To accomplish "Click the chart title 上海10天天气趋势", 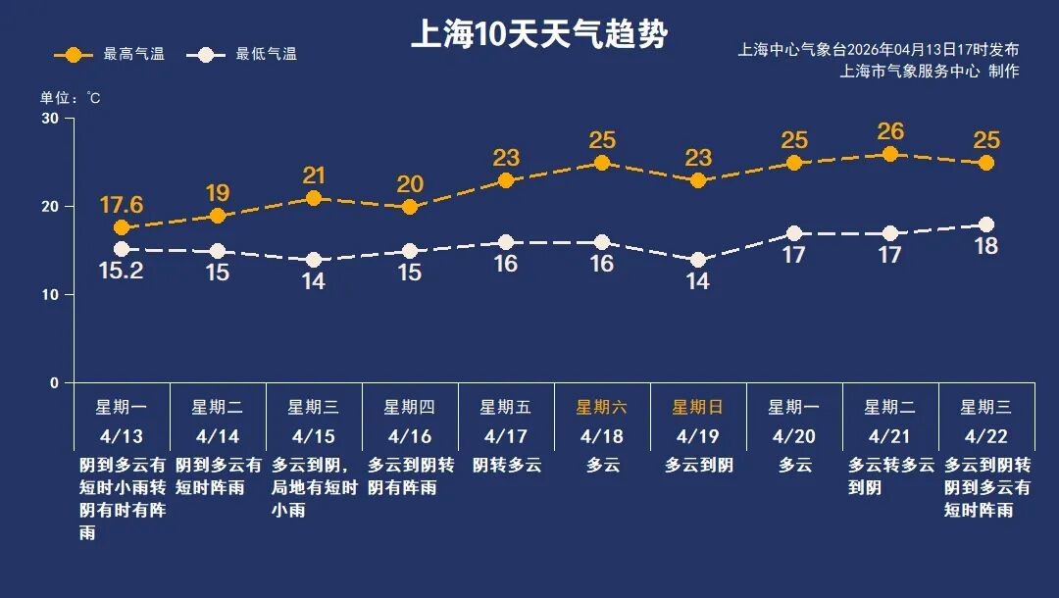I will [538, 35].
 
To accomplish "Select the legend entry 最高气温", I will [109, 55].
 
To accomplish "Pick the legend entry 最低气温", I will [245, 55].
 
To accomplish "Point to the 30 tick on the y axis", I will [49, 119].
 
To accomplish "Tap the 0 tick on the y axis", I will [54, 383].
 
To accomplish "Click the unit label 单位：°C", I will [70, 97].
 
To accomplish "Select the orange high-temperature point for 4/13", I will [122, 227].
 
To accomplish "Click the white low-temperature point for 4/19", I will [698, 260].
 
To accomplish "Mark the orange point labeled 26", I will [890, 154].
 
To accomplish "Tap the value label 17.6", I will [122, 205].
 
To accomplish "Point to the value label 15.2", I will [122, 272].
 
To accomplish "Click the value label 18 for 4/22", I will [985, 246].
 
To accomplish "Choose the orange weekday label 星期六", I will [601, 407].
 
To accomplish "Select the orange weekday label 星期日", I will [697, 407].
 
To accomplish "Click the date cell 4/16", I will [409, 435].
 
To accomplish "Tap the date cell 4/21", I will [889, 435].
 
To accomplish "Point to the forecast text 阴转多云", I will [507, 465].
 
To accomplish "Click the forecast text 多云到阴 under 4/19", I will [698, 465].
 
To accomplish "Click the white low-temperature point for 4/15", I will [314, 260].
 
